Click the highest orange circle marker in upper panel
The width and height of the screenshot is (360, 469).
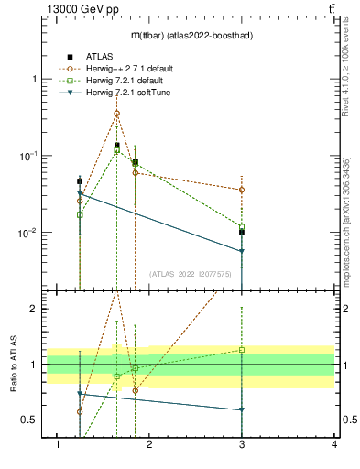tap(116, 114)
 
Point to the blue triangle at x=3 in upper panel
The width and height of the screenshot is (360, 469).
tap(242, 251)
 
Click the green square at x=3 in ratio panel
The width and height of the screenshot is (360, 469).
tap(242, 349)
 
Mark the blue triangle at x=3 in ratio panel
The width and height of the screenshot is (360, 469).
tap(242, 409)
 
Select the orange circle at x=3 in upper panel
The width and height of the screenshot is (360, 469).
tap(242, 190)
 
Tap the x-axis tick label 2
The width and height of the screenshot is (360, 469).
tap(150, 445)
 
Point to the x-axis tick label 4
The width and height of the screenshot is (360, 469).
tap(334, 445)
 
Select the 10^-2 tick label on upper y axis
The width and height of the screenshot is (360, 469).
tap(29, 234)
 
